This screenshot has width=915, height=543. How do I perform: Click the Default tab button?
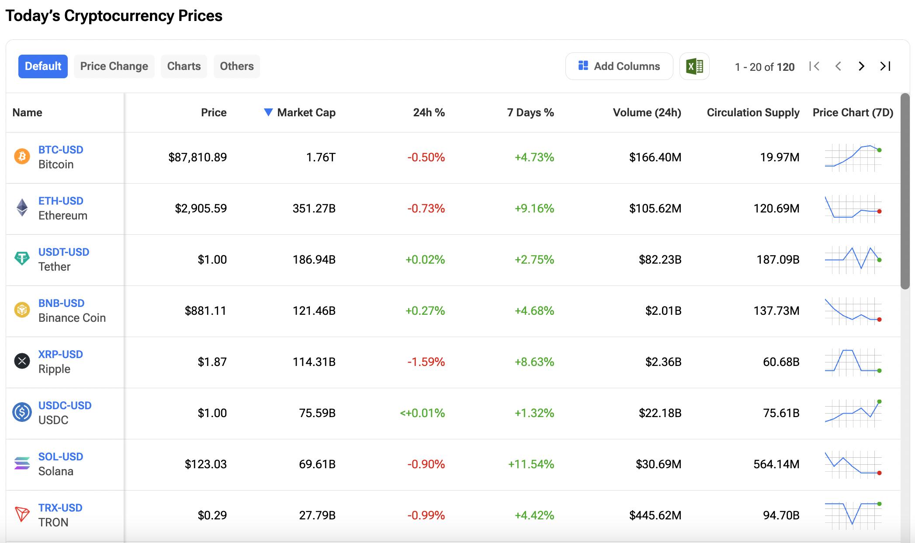click(43, 66)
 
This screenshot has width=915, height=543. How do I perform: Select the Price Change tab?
click(114, 66)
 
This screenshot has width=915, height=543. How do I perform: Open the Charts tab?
click(184, 66)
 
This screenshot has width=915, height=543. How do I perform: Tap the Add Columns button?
click(619, 66)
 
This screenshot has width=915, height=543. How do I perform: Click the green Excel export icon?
click(694, 66)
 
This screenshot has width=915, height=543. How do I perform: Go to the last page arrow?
click(885, 66)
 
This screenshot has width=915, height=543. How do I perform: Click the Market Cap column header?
click(306, 113)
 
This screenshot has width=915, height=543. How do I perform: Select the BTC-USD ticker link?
click(61, 150)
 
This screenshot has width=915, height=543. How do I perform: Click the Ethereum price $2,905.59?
click(201, 209)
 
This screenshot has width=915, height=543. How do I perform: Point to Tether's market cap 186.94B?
click(314, 260)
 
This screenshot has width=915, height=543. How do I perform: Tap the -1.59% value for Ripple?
click(426, 362)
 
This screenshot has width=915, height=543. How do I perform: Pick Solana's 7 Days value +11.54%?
click(531, 464)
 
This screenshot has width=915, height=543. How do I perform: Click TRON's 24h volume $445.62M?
click(655, 515)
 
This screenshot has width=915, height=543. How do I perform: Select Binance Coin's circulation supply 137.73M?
click(776, 311)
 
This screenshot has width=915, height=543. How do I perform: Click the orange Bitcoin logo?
click(22, 157)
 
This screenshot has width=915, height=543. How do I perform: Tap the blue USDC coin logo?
click(22, 412)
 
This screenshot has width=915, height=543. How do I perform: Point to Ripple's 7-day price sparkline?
click(853, 362)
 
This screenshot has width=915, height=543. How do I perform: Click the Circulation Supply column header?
click(753, 113)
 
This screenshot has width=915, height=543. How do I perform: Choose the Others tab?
click(236, 66)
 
